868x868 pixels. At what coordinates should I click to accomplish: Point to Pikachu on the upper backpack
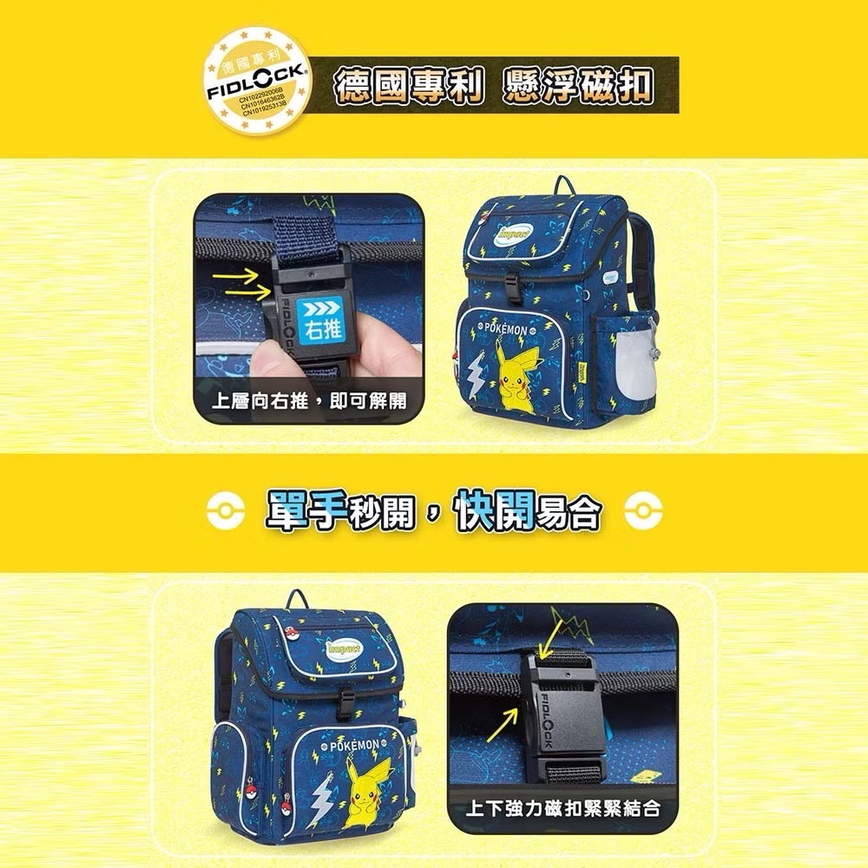[518, 364]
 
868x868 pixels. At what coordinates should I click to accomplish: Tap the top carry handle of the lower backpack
[299, 598]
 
